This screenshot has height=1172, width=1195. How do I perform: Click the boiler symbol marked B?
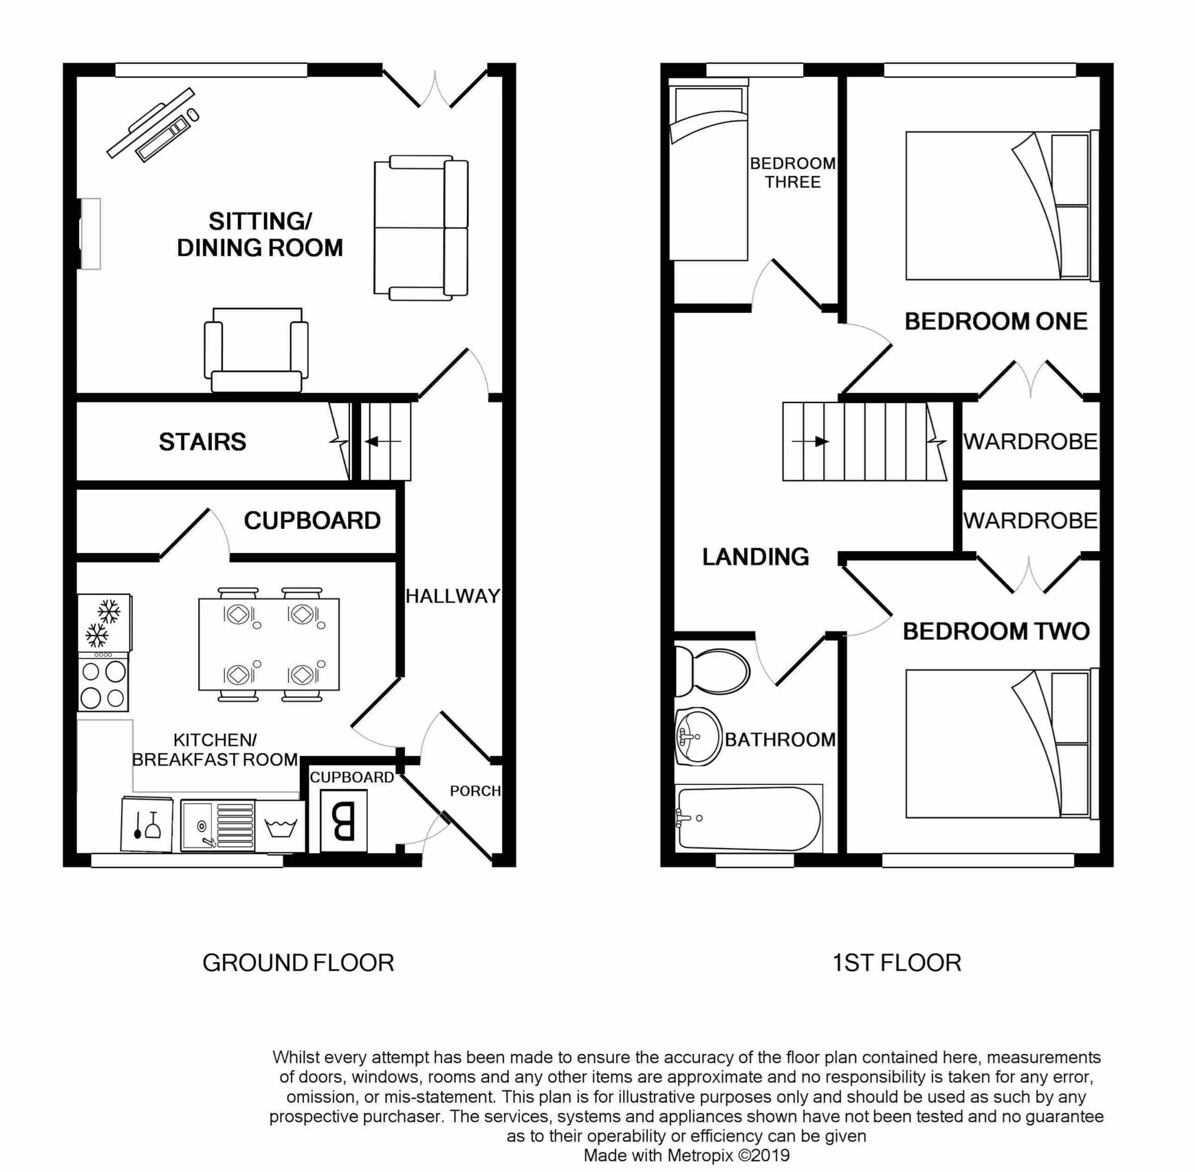pos(343,821)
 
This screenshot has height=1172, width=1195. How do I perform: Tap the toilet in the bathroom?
pos(712,671)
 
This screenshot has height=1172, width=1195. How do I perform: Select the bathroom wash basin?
pos(698,737)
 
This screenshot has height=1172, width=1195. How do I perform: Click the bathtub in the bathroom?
pos(749,818)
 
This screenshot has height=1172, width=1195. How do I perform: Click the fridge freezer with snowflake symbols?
pos(104,623)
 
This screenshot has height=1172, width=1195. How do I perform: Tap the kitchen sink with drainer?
pos(218,826)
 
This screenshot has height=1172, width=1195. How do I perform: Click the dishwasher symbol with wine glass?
pos(147,824)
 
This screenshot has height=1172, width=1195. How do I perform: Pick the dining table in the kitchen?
pos(269,644)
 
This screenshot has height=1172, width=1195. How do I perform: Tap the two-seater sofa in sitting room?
pos(421,228)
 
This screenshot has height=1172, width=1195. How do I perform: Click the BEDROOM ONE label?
pos(996,321)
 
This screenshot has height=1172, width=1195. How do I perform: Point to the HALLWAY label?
pos(453,596)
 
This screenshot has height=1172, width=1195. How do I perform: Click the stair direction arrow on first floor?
pos(810,441)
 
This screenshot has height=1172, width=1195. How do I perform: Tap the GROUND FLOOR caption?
pos(298,963)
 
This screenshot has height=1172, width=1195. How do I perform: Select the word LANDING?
pos(755,556)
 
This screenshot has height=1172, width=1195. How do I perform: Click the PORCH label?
pos(474,791)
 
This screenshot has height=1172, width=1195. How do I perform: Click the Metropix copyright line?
pos(686,1155)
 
